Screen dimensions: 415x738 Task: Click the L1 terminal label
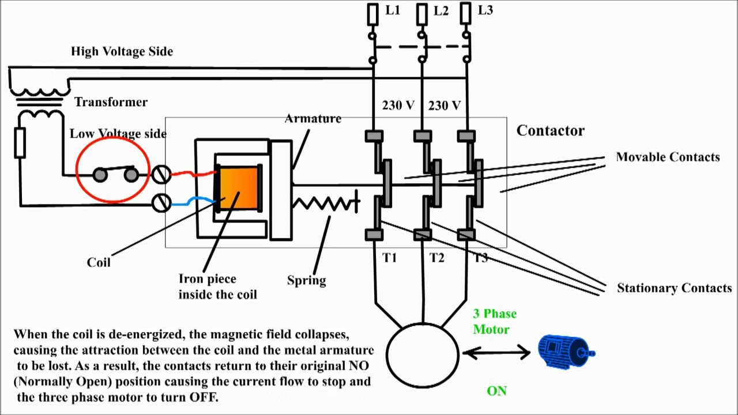click(x=392, y=10)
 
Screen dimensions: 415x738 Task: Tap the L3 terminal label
click(x=485, y=10)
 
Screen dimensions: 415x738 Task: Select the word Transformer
click(x=111, y=102)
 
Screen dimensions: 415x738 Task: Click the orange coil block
click(x=239, y=188)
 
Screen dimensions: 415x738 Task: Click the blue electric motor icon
click(x=565, y=351)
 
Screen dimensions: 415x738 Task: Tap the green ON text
click(x=496, y=391)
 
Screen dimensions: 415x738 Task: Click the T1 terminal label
click(x=390, y=258)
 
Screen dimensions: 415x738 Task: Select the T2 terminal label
click(x=436, y=258)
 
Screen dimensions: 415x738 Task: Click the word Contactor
click(x=550, y=131)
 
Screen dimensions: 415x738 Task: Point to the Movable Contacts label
click(x=668, y=157)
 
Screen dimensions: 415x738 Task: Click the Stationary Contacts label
click(x=674, y=288)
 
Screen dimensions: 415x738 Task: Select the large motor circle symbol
click(x=423, y=355)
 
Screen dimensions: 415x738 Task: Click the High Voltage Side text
click(x=122, y=51)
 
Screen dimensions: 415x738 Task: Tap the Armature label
click(x=313, y=119)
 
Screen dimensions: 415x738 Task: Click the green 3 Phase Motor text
click(x=494, y=322)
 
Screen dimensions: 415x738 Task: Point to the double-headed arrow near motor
click(x=496, y=352)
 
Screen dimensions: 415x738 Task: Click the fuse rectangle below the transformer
click(x=20, y=143)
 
